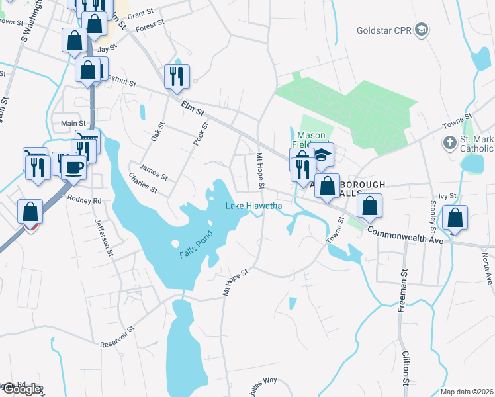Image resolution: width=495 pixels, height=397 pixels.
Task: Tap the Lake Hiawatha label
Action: (254, 206)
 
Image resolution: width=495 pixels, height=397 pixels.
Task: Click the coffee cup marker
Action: (74, 166)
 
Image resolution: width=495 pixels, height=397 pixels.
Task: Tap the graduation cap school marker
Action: (322, 155)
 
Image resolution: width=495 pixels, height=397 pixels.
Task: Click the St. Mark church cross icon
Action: (449, 142)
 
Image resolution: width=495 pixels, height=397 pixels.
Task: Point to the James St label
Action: (155, 173)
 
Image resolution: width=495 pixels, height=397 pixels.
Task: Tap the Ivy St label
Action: (453, 196)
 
